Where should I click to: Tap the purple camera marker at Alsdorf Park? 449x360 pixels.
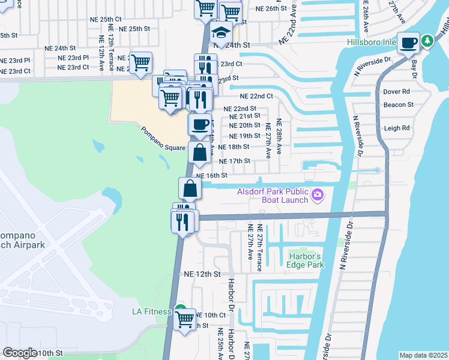pos(318,195)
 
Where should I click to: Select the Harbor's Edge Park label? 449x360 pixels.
pos(307,260)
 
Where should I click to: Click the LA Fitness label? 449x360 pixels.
pos(152,311)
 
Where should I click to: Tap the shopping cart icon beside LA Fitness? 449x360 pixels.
pos(185,318)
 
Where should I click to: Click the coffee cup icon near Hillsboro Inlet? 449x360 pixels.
pos(409,43)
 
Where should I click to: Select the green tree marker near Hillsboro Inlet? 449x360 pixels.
pos(427,41)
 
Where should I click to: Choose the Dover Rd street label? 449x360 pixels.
pos(396,92)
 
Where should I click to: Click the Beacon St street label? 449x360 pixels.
pos(399,104)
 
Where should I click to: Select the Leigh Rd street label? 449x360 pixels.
pos(396,128)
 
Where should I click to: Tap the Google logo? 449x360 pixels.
pos(20,352)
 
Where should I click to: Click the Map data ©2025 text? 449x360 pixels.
pos(423,355)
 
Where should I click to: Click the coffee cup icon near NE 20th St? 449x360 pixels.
pos(200,124)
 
